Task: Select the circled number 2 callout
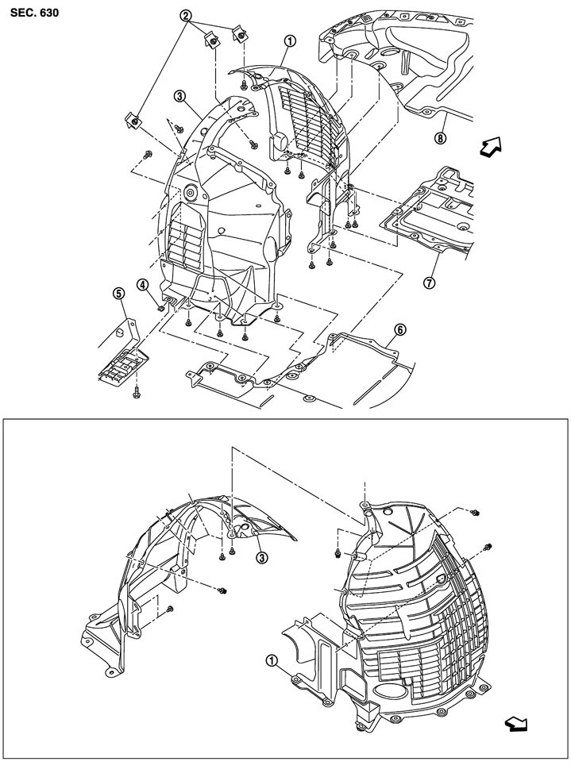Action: click(185, 15)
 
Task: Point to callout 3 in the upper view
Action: click(180, 96)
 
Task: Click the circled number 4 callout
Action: click(143, 283)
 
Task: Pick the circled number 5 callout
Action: click(118, 294)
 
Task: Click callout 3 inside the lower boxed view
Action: click(261, 557)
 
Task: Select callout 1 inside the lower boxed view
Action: click(272, 660)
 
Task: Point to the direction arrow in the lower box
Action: click(516, 722)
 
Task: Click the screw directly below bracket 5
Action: click(137, 389)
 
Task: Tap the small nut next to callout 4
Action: click(160, 306)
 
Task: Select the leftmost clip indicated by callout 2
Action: click(134, 121)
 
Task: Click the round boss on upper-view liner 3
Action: click(191, 191)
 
